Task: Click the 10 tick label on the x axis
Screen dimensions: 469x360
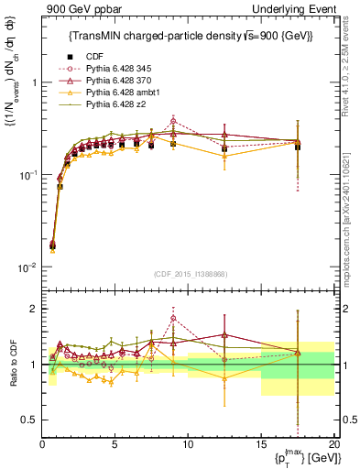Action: click(188, 446)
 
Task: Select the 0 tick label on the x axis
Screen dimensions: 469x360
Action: click(42, 446)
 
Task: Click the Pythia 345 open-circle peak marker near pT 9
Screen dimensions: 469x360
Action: click(173, 120)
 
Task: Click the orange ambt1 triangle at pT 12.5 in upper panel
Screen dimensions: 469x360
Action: click(224, 156)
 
